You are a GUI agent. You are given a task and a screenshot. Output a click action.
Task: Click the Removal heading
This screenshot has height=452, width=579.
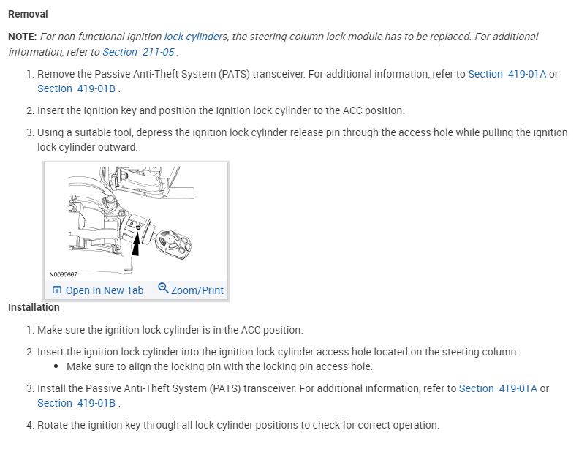[x=28, y=14]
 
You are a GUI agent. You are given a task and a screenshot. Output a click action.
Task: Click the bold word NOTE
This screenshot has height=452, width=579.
[x=23, y=37]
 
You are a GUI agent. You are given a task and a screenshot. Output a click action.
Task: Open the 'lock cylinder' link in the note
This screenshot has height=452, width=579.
[x=192, y=37]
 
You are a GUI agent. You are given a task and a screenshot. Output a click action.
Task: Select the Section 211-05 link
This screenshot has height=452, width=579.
[x=139, y=52]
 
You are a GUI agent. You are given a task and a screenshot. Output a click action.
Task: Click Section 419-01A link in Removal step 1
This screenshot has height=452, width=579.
[x=507, y=74]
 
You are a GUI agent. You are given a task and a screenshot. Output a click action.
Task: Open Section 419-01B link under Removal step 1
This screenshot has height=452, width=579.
[x=77, y=88]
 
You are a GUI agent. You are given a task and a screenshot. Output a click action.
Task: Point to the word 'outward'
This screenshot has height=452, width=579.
[x=118, y=147]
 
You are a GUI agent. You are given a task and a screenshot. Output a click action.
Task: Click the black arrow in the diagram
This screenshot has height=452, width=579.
[x=137, y=242]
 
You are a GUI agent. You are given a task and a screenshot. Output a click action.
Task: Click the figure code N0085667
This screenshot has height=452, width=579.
[x=64, y=274]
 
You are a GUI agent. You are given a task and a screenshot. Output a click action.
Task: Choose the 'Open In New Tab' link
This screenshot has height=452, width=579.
[x=98, y=290]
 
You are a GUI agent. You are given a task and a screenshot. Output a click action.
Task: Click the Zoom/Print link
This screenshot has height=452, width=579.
[x=197, y=290]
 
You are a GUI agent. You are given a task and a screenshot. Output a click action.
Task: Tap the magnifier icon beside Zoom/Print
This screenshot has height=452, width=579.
[x=163, y=288]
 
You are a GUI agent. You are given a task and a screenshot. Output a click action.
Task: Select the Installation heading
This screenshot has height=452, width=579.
[x=34, y=307]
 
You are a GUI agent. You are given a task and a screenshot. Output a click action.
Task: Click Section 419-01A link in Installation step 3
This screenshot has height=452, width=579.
[x=498, y=388]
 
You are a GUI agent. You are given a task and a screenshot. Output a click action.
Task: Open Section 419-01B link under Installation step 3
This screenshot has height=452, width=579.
[x=77, y=403]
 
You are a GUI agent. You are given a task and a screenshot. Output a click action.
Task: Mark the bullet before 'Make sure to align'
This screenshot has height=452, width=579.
[x=57, y=366]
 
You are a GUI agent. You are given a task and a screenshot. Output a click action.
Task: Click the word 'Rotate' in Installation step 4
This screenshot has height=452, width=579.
[x=53, y=425]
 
